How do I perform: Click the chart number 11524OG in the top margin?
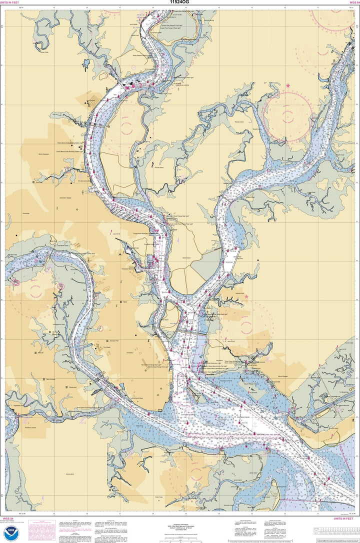click(x=180, y=2)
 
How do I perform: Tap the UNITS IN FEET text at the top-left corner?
click(x=10, y=2)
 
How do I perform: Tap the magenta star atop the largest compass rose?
click(x=288, y=85)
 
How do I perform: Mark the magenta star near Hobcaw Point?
click(x=246, y=296)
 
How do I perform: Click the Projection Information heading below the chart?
click(x=180, y=518)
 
